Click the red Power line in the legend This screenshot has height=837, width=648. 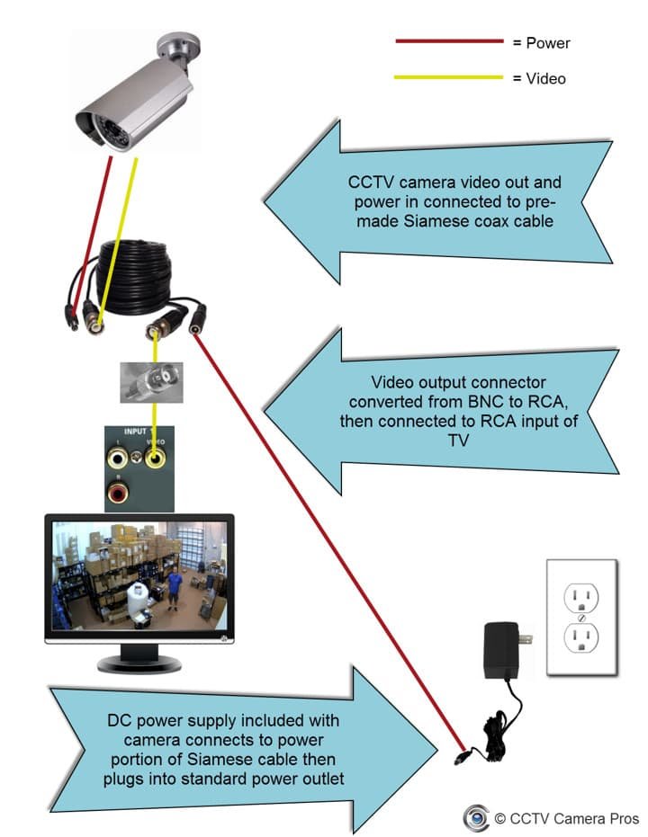point(448,41)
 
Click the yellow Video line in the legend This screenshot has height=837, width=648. point(448,78)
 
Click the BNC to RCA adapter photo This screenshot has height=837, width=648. point(152,381)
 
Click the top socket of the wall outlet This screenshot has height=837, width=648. point(581,596)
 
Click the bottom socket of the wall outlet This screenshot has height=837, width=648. point(581,639)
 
